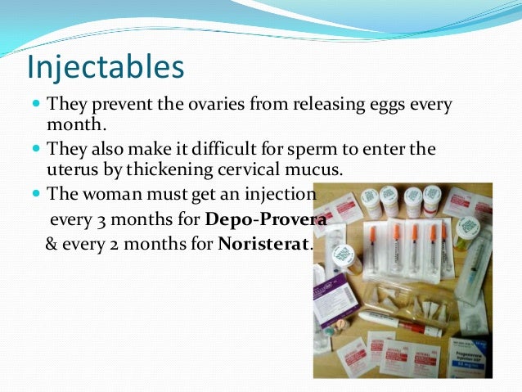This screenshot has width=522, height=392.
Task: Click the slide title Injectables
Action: point(106,68)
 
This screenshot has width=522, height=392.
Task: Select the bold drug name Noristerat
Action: point(264,245)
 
